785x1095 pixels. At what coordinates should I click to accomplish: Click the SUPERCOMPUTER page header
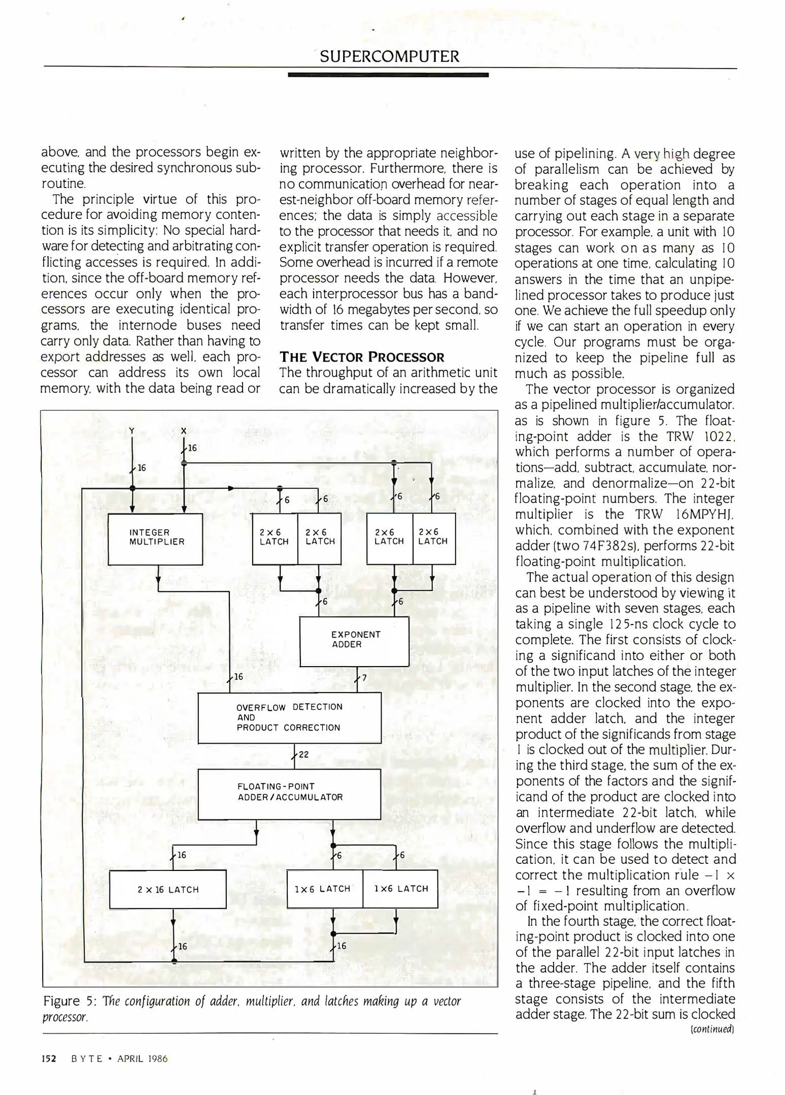coord(389,56)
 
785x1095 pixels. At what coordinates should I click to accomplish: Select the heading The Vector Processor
coord(362,357)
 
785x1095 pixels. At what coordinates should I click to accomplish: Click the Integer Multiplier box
coord(156,538)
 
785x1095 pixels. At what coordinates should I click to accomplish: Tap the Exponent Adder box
coord(354,641)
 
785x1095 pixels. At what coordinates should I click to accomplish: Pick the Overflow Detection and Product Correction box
coord(289,717)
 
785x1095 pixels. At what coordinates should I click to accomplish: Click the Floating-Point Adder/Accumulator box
coord(289,793)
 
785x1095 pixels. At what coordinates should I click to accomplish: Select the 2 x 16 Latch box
coord(168,889)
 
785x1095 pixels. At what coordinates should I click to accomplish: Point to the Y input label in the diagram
coord(131,431)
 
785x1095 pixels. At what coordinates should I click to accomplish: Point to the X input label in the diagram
coord(184,431)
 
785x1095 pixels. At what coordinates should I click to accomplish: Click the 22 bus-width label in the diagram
coord(303,754)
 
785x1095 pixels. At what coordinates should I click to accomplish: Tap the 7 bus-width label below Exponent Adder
coord(364,678)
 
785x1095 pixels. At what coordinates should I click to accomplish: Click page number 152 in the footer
coord(49,1059)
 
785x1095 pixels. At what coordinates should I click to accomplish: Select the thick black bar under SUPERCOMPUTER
coord(388,75)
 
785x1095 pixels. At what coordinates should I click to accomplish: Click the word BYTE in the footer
coord(87,1059)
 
